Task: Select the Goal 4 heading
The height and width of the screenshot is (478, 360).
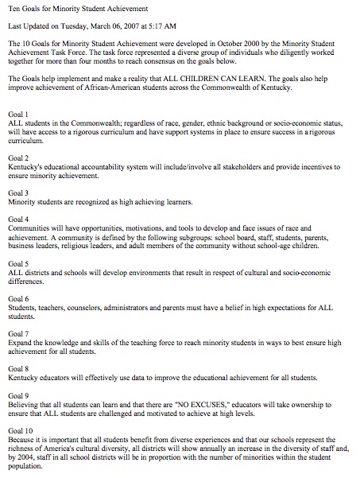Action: point(17,218)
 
